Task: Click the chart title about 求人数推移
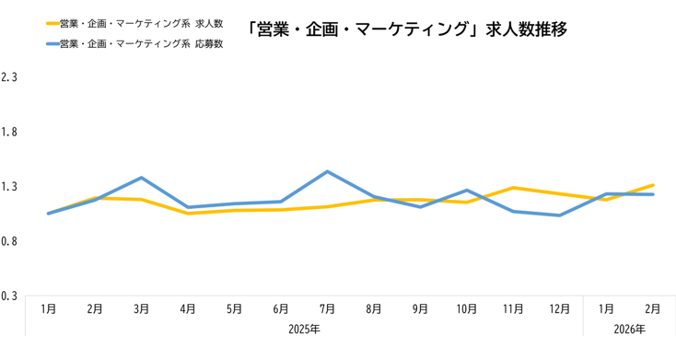click(x=406, y=29)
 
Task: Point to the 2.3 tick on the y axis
click(x=10, y=77)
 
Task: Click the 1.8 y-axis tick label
click(x=10, y=132)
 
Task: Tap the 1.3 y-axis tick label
click(x=10, y=187)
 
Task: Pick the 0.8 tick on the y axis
click(x=10, y=241)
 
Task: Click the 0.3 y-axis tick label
click(x=10, y=296)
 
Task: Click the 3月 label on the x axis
click(x=141, y=309)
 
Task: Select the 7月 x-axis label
click(x=327, y=309)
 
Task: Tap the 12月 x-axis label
click(x=560, y=309)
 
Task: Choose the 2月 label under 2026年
click(x=653, y=309)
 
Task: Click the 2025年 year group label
click(x=304, y=329)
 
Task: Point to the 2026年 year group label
click(x=629, y=329)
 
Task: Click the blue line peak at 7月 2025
click(x=327, y=171)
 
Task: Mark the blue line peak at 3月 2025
click(x=141, y=177)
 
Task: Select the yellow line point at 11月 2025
click(x=513, y=188)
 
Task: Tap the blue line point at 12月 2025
click(x=560, y=215)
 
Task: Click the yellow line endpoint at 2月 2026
click(x=653, y=185)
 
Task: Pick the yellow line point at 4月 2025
click(x=188, y=214)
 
